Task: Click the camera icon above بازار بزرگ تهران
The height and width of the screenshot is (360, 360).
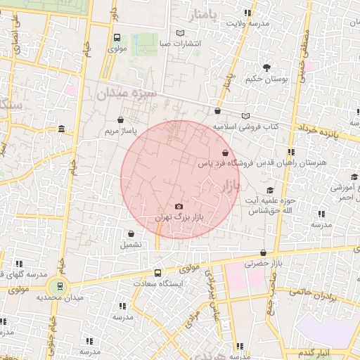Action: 179,206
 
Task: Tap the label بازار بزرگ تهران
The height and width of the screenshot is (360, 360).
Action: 179,217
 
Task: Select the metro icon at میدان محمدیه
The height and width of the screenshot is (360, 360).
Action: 59,286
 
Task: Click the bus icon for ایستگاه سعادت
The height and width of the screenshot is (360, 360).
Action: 157,272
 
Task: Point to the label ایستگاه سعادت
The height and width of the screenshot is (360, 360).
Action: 159,283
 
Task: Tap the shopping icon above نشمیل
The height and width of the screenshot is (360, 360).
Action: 131,234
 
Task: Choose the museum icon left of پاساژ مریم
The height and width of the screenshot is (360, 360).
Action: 62,129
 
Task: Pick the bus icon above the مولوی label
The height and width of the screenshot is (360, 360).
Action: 116,38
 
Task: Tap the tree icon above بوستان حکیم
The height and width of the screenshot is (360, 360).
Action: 266,67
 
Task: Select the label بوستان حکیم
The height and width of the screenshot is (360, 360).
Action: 267,79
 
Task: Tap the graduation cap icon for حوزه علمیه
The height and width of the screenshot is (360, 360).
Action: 270,190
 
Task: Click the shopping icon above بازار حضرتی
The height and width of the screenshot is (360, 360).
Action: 263,253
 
